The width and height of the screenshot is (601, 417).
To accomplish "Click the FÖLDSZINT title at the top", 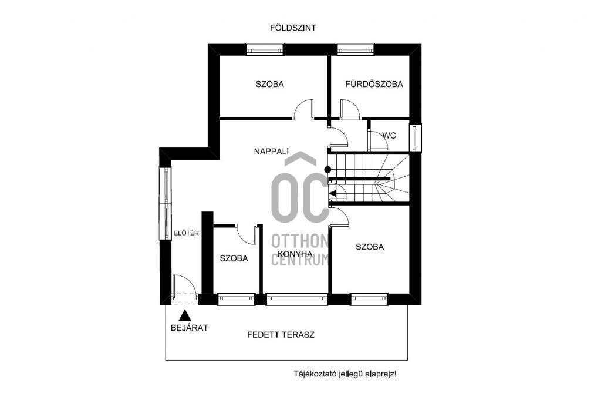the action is pos(293,28).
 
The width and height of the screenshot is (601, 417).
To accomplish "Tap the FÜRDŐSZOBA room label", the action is pos(374,84).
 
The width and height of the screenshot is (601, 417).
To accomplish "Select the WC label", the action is pos(389,136).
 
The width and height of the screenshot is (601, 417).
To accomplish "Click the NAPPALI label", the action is pos(271,152).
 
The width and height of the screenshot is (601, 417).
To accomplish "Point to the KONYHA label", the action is pos(295,254).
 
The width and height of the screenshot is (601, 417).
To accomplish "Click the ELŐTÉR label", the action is pos(186,233).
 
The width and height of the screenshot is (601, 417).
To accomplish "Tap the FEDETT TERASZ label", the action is pos(281,335).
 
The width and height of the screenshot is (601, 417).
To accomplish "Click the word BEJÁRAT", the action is pos(190,328).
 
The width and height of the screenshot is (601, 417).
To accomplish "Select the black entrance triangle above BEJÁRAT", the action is pos(185,315).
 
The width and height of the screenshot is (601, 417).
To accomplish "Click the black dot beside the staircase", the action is pos(327,170).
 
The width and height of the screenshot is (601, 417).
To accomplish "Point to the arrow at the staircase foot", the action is pos(333,193).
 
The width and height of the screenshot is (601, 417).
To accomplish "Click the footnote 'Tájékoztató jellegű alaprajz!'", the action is pos(345,374).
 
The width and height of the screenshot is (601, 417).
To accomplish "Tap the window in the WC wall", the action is pos(415,137).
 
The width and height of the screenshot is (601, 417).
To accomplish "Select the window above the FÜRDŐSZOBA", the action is pos(355,49).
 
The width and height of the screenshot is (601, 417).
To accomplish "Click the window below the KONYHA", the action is pos(296,299).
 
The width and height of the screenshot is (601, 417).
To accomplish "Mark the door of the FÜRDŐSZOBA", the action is pos(350,109).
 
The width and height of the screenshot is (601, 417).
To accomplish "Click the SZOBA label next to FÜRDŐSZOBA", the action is pos(270,84).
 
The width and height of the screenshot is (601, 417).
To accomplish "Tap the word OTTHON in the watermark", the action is pos(300,241).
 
